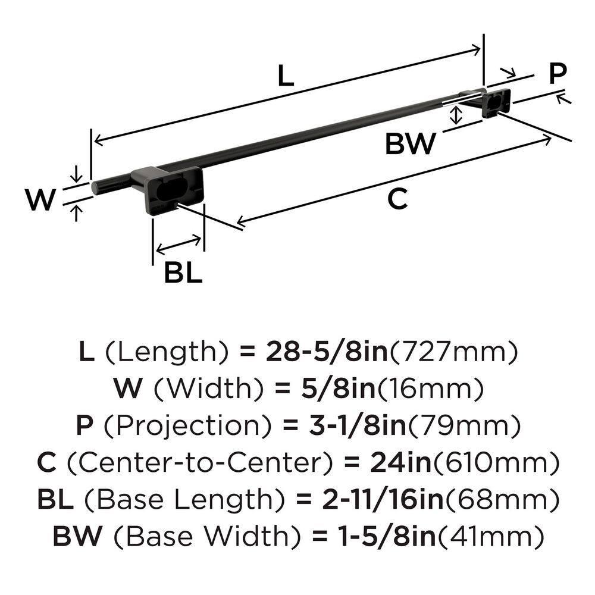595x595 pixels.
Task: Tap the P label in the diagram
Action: coord(557,74)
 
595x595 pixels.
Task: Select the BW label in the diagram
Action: coord(411,144)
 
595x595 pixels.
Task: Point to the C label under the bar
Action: coord(397,199)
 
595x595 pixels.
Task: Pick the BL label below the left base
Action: coord(183,273)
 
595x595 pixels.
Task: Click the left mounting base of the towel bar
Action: coord(173,189)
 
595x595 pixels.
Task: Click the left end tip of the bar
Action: coord(95,187)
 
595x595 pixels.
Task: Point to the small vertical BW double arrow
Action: coord(456,115)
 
